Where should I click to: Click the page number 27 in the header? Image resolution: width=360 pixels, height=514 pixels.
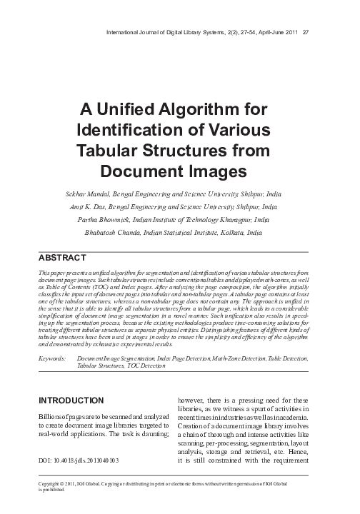click(306, 31)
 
